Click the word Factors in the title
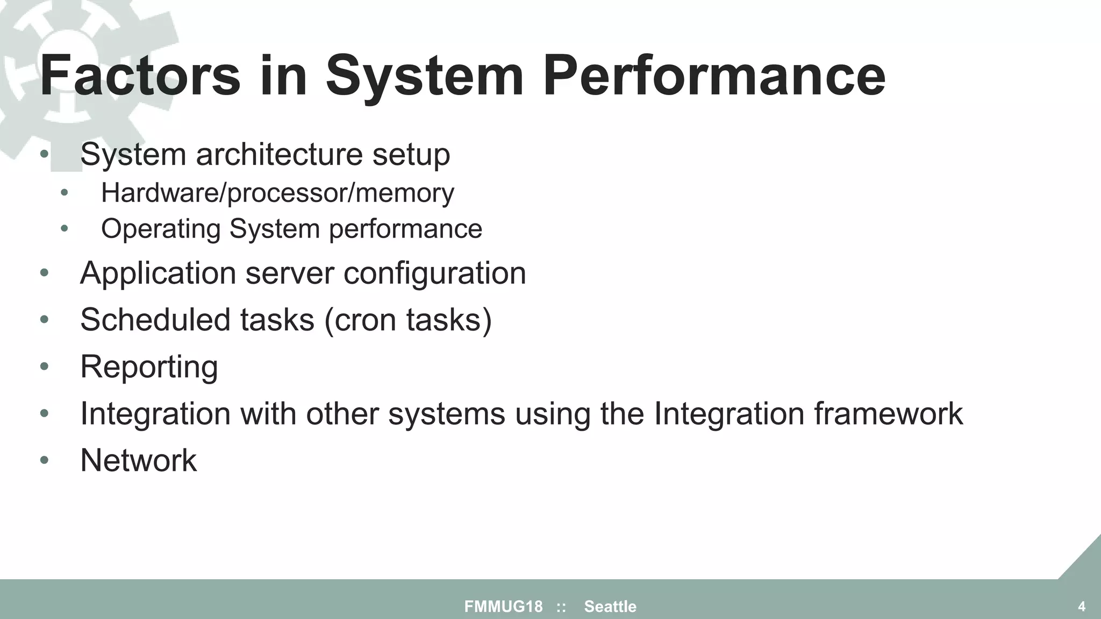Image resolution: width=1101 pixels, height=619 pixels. [140, 76]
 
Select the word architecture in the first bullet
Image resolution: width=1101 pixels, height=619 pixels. [279, 155]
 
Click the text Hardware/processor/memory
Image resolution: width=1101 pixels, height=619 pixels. [277, 193]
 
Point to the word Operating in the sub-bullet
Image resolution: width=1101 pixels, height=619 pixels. [161, 229]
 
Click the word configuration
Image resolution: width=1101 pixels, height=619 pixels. [434, 273]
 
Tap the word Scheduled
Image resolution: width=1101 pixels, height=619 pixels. [155, 320]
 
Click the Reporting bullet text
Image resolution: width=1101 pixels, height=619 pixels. [149, 367]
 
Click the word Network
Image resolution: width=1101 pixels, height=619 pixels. [138, 460]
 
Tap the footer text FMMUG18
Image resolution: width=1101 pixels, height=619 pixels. [503, 607]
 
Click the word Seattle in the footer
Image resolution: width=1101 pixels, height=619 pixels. [610, 607]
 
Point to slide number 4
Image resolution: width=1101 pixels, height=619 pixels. [1082, 607]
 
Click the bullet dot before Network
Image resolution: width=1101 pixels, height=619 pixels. [45, 460]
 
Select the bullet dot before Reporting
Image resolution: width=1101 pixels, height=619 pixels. [45, 367]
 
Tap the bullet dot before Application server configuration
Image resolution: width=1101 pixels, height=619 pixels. [45, 273]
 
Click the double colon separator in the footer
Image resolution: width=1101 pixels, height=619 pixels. [561, 607]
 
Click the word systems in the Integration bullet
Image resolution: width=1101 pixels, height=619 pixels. [446, 414]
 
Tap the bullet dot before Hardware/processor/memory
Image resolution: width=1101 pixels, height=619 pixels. [65, 193]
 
